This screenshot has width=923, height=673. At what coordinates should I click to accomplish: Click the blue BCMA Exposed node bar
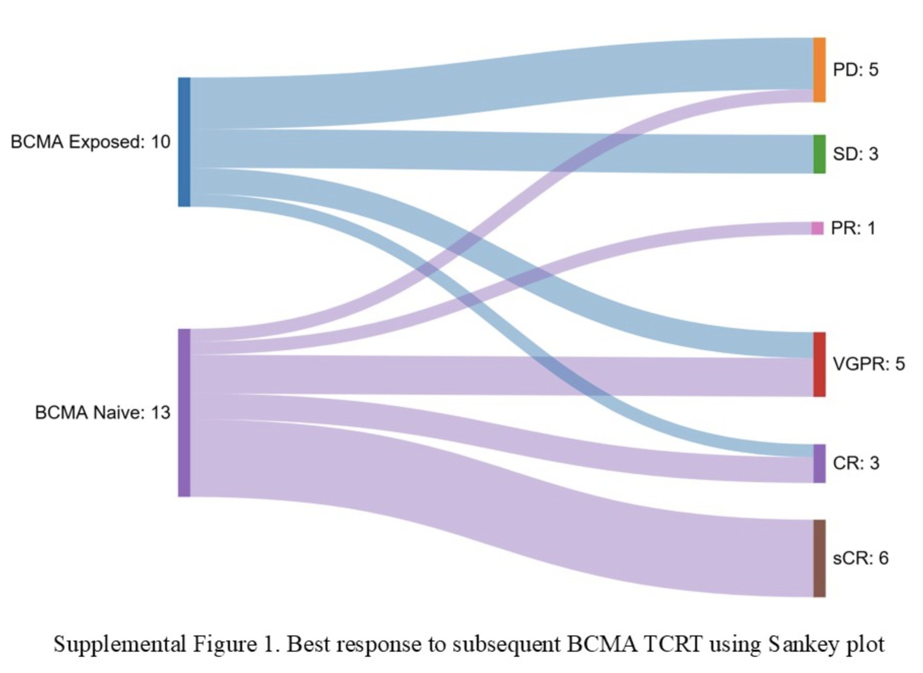(184, 142)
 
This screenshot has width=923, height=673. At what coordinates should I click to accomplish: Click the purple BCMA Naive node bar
(184, 413)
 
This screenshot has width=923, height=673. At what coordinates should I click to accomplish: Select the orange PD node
(819, 70)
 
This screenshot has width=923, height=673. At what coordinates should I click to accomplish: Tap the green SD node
(819, 154)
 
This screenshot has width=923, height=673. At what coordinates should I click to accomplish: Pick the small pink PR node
(817, 228)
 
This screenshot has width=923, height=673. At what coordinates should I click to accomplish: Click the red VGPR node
(819, 364)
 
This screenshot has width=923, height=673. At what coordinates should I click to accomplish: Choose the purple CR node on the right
(819, 463)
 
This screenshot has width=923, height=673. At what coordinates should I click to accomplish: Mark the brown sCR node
(819, 558)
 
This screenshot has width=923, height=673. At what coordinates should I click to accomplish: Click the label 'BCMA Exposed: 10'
(90, 142)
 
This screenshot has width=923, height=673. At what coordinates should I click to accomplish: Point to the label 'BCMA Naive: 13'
(103, 413)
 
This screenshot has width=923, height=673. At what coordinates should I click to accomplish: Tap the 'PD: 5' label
(855, 70)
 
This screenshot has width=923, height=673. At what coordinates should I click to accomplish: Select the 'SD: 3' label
(855, 154)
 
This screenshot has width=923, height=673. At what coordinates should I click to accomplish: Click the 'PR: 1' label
(853, 228)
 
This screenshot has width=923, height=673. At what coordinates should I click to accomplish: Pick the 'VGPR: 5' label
(869, 364)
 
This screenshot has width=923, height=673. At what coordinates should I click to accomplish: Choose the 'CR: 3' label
(856, 463)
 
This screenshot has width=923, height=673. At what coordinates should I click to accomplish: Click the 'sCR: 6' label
(861, 558)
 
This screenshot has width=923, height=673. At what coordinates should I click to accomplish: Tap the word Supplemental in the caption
(120, 645)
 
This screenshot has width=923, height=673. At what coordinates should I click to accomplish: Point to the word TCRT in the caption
(673, 644)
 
